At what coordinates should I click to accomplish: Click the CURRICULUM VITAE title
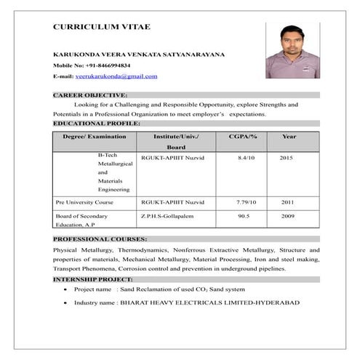tap(101, 27)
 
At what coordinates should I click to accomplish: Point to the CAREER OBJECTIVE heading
tap(90, 95)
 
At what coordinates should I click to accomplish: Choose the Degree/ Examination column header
tap(95, 137)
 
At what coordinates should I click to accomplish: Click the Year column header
tap(289, 137)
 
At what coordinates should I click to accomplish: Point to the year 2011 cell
tap(287, 201)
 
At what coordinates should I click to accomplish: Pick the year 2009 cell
tap(287, 216)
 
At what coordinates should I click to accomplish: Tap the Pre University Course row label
tap(84, 201)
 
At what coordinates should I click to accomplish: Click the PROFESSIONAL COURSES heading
tap(100, 239)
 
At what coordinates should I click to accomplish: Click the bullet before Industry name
tap(66, 303)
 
